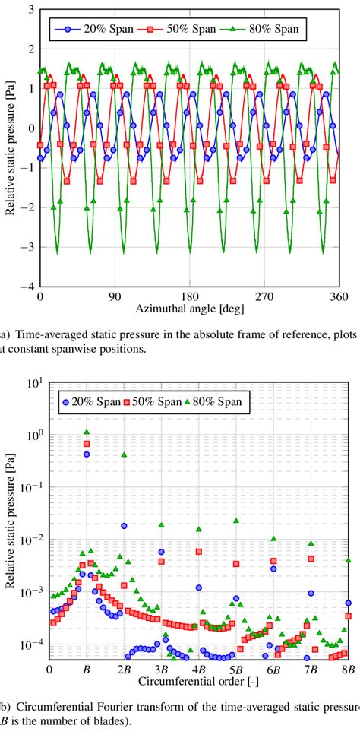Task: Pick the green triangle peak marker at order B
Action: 87,432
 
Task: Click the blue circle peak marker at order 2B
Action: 124,525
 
